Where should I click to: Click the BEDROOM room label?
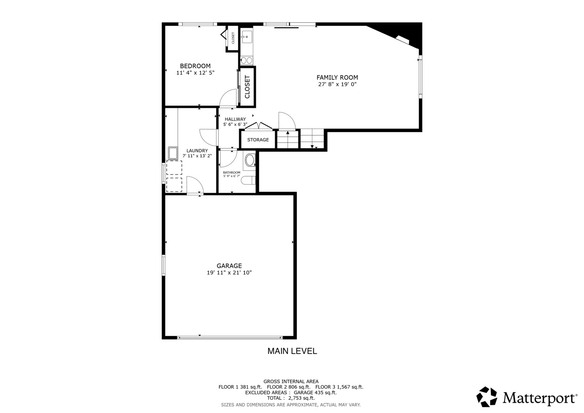tap(195, 66)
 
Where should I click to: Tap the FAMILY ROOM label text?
tap(337, 78)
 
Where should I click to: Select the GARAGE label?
tap(229, 266)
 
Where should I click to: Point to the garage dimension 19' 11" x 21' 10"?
tap(229, 273)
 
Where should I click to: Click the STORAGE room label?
tap(258, 140)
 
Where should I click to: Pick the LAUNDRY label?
tap(197, 151)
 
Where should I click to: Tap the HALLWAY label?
tap(235, 119)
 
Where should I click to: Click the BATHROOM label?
tap(232, 172)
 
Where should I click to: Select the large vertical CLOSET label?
tap(247, 87)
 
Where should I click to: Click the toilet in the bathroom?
tap(248, 180)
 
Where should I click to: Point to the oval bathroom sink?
tap(250, 160)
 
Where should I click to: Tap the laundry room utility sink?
tap(173, 153)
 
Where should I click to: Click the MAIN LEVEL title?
tap(292, 351)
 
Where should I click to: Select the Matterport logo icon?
tap(486, 397)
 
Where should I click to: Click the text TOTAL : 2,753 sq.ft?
tap(291, 398)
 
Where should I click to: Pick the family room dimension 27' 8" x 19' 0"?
tap(337, 85)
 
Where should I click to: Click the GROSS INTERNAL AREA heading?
tap(291, 381)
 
